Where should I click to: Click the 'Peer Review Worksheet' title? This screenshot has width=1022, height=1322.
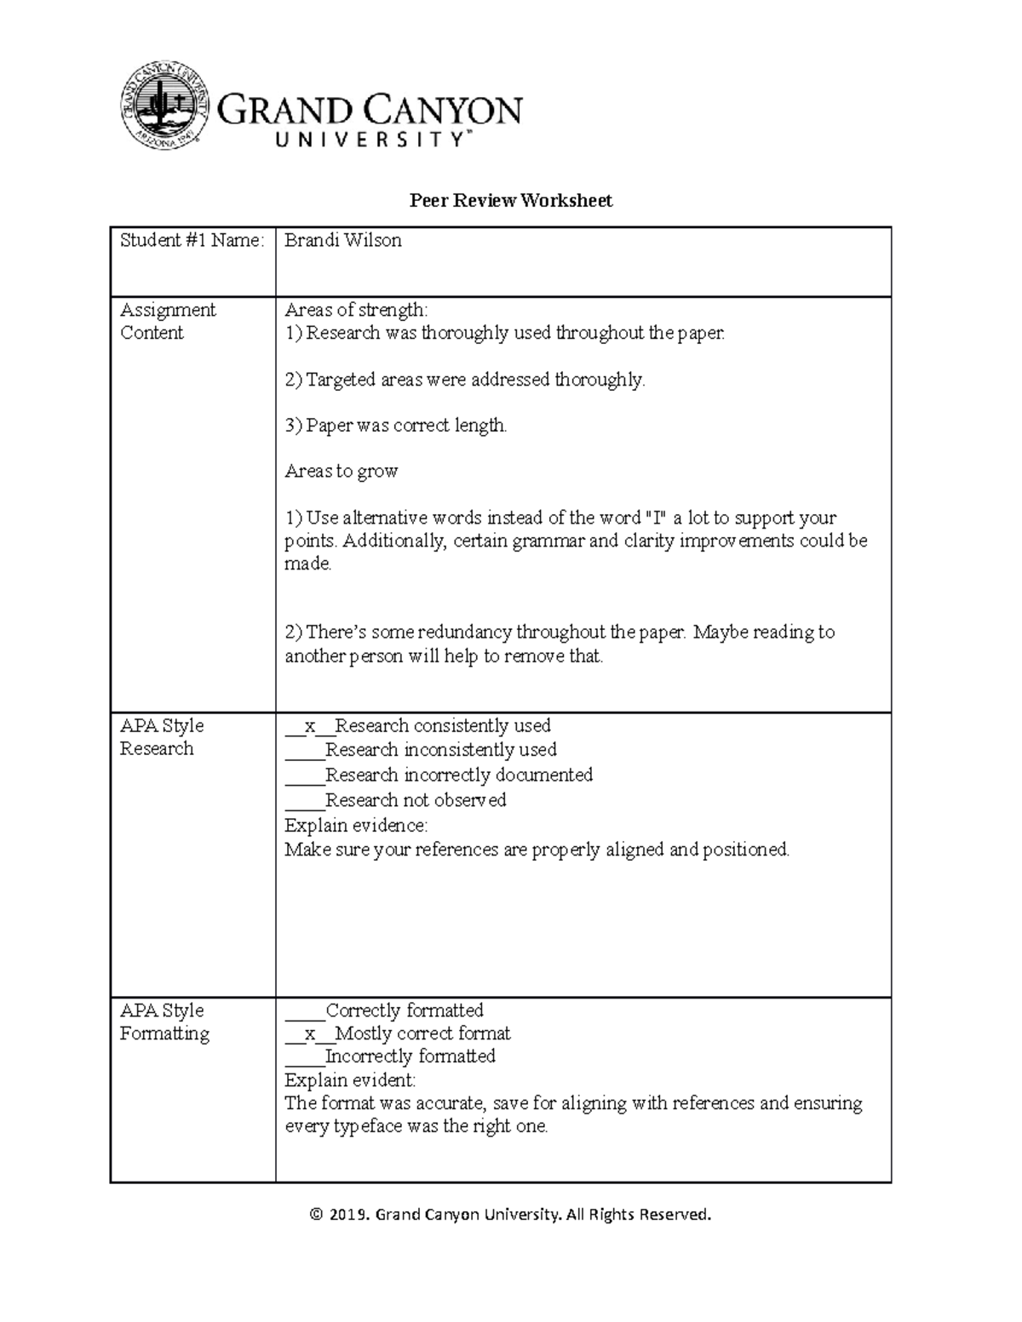pyautogui.click(x=510, y=201)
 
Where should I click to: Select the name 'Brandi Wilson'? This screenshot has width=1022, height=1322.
pyautogui.click(x=342, y=241)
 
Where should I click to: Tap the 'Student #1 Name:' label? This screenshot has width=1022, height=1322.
pyautogui.click(x=192, y=241)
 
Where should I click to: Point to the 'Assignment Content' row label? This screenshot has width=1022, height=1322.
pyautogui.click(x=168, y=322)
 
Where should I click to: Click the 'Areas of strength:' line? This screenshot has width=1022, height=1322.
pyautogui.click(x=356, y=310)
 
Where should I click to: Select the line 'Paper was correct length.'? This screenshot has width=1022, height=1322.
pyautogui.click(x=396, y=426)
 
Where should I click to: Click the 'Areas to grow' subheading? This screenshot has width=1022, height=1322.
pyautogui.click(x=341, y=472)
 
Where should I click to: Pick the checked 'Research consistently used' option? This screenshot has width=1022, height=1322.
pyautogui.click(x=417, y=726)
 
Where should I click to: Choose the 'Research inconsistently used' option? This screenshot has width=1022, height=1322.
pyautogui.click(x=421, y=750)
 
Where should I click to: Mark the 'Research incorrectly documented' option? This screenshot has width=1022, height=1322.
pyautogui.click(x=439, y=775)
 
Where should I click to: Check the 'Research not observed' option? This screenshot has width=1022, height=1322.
pyautogui.click(x=395, y=800)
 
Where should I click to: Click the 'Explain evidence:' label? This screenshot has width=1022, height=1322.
pyautogui.click(x=356, y=826)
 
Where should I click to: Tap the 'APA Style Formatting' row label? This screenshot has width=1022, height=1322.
pyautogui.click(x=164, y=1022)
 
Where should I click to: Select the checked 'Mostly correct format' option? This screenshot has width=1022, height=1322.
pyautogui.click(x=398, y=1034)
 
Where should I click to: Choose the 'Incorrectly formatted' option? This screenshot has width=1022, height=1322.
pyautogui.click(x=390, y=1056)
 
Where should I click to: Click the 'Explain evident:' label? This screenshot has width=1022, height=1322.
pyautogui.click(x=350, y=1081)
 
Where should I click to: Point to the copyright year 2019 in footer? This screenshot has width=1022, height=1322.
pyautogui.click(x=348, y=1215)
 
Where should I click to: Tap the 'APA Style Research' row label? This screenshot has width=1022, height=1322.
pyautogui.click(x=162, y=737)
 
